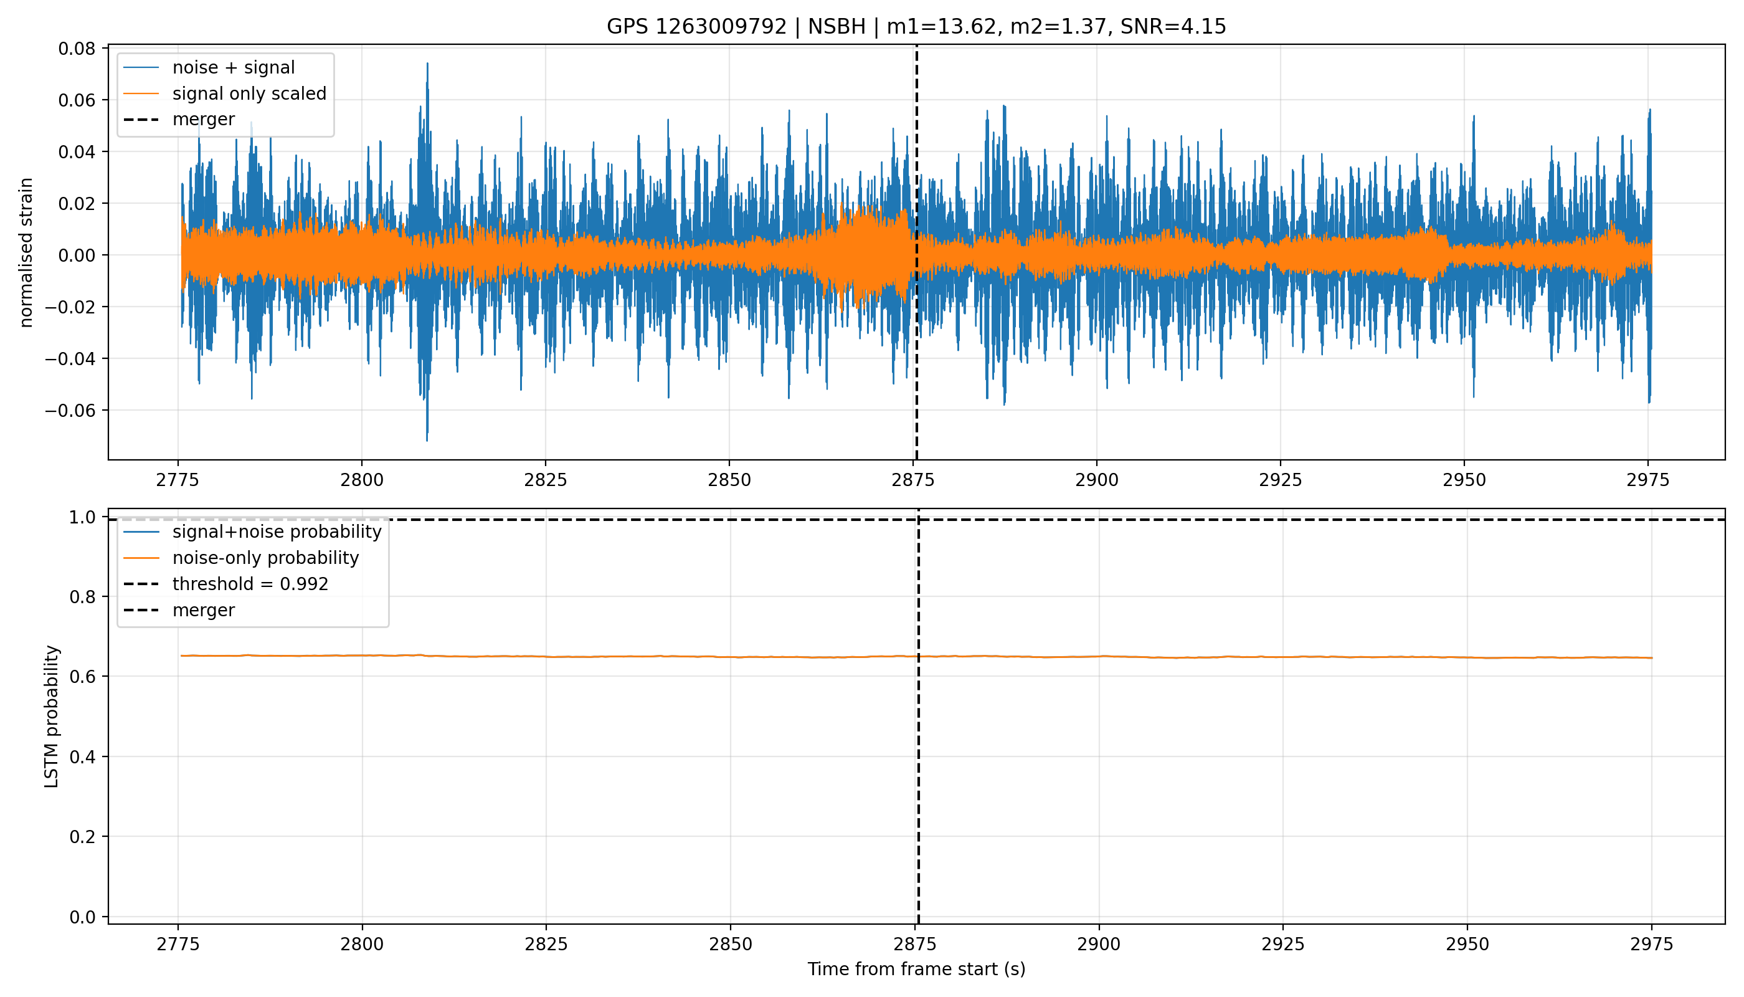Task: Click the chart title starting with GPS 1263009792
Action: coord(916,27)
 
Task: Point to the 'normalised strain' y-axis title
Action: coord(26,252)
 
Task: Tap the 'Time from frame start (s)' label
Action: coord(916,970)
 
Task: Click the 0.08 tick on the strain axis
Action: coord(77,49)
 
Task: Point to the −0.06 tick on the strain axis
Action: coord(70,411)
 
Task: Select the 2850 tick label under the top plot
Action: coord(729,480)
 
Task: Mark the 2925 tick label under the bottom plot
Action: coord(1282,945)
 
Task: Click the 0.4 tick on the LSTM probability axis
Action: coord(82,756)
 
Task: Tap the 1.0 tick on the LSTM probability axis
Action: coord(82,517)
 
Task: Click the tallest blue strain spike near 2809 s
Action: coord(427,64)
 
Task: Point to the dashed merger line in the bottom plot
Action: coord(918,716)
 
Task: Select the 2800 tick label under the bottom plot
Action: coord(362,945)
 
